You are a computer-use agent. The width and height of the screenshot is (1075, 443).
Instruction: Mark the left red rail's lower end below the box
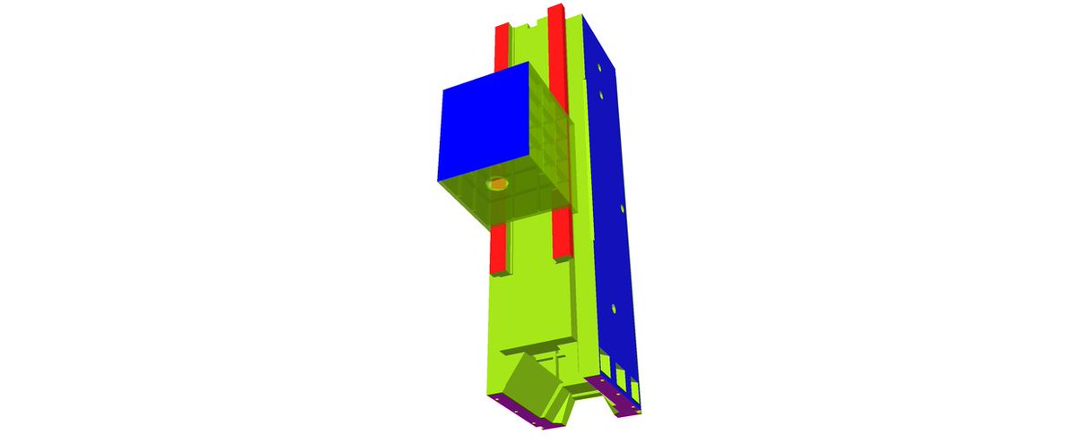[x=496, y=248]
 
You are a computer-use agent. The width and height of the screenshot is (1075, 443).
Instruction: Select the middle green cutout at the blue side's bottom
[x=621, y=374]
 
